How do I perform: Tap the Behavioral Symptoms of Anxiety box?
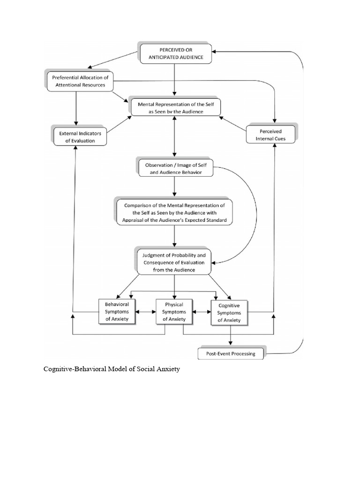tap(117, 311)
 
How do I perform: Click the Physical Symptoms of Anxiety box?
tap(174, 312)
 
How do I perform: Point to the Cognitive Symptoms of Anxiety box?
tap(229, 312)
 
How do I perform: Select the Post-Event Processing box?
tap(231, 353)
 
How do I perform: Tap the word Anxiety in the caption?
tap(168, 369)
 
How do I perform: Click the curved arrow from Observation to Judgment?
tap(255, 211)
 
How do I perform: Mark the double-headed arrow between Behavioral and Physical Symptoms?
tap(145, 311)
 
